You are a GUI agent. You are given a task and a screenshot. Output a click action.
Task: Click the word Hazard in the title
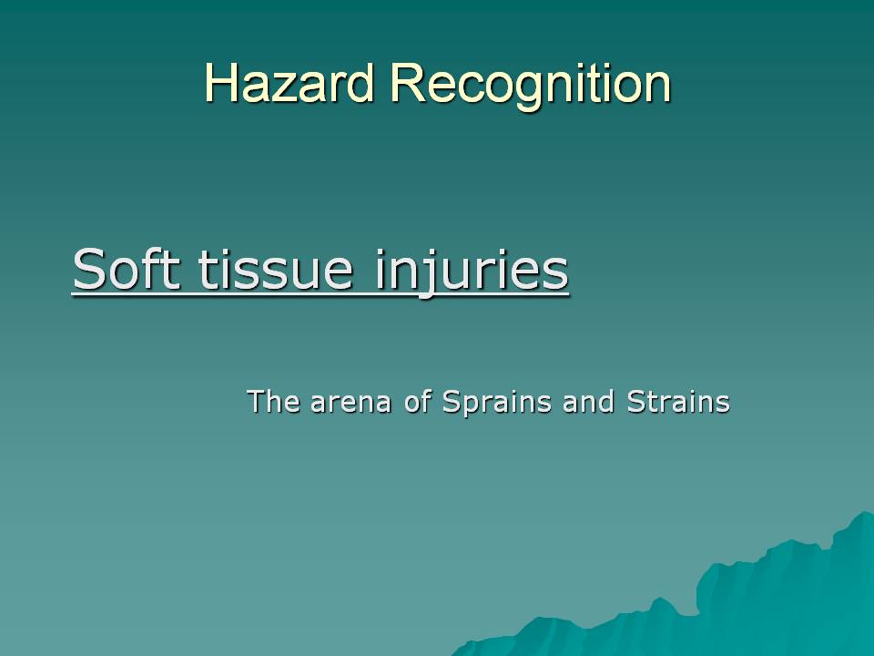pyautogui.click(x=289, y=83)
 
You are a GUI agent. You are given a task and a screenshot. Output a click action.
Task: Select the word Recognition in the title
pyautogui.click(x=530, y=85)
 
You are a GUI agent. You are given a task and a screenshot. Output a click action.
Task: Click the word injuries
pyautogui.click(x=472, y=272)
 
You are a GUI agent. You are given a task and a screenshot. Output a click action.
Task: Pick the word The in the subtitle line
pyautogui.click(x=273, y=401)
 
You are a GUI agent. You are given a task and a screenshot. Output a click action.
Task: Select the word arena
pyautogui.click(x=351, y=404)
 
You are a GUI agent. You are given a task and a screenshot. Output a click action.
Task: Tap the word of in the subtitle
pyautogui.click(x=418, y=401)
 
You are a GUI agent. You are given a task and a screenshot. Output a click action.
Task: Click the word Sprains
pyautogui.click(x=497, y=402)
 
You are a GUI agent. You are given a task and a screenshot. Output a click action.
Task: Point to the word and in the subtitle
pyautogui.click(x=589, y=401)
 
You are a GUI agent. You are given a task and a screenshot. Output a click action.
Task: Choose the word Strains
pyautogui.click(x=677, y=401)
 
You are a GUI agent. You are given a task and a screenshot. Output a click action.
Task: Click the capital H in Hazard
pyautogui.click(x=220, y=83)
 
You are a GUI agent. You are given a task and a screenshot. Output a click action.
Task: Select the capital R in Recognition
pyautogui.click(x=406, y=83)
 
